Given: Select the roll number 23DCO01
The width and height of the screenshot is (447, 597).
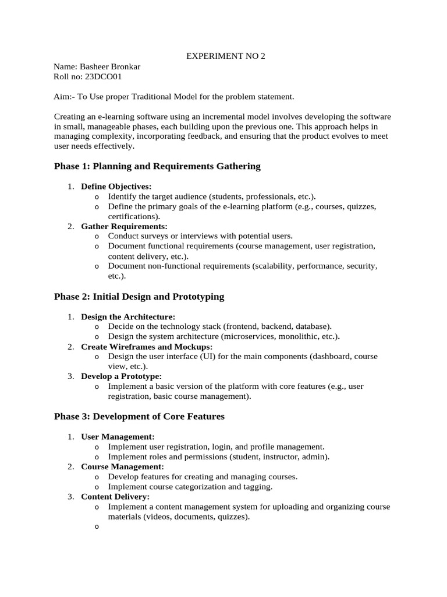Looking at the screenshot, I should click(105, 76).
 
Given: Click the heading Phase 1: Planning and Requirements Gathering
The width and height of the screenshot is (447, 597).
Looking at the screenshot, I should click(157, 167).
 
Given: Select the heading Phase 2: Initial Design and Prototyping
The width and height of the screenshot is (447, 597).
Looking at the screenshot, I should click(139, 297).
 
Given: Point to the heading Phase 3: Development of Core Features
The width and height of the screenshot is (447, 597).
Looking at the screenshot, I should click(139, 416).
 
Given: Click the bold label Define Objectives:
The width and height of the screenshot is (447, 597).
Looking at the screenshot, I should click(116, 187).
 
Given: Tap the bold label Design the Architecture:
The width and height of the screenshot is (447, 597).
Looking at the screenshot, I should click(128, 317).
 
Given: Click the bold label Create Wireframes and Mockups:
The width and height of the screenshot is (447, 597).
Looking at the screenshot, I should click(147, 346).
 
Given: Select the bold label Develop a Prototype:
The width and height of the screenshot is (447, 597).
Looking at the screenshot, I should click(121, 376).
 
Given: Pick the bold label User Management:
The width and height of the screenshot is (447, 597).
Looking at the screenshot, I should click(118, 436).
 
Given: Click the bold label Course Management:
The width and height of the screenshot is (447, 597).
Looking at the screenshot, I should click(122, 466).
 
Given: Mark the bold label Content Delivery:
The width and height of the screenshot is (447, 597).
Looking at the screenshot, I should click(115, 496).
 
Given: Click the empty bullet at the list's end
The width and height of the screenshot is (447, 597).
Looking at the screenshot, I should click(96, 526).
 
